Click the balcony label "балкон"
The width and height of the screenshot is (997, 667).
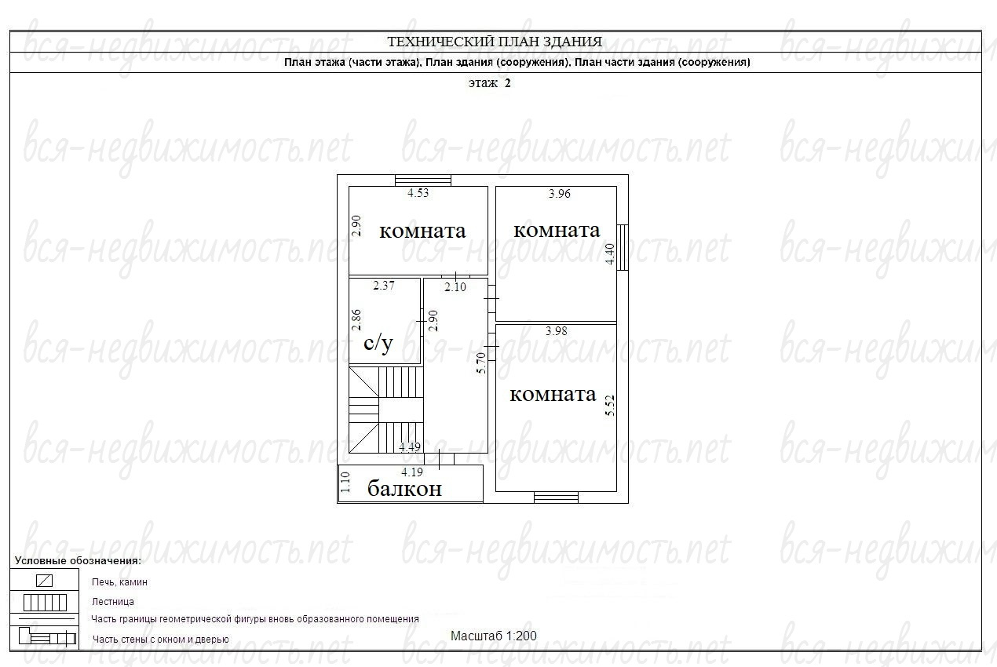point(404,489)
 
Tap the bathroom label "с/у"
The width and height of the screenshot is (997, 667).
point(378,343)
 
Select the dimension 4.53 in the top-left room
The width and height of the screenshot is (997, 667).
point(418,193)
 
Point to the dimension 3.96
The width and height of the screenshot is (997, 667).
point(560,194)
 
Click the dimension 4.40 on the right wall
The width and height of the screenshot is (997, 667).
point(610,253)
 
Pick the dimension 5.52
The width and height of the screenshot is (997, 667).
point(610,406)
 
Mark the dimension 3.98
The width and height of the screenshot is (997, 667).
point(557,331)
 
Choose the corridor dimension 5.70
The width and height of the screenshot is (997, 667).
point(481,363)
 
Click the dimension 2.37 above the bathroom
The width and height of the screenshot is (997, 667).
point(384,285)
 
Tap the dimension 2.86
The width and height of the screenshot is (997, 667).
point(356,320)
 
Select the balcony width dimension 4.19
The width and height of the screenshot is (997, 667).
point(412,472)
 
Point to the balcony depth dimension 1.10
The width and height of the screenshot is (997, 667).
point(345,482)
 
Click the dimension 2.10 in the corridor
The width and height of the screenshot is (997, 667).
point(455,287)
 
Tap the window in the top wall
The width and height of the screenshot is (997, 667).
point(423,180)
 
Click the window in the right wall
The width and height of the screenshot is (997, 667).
point(623,247)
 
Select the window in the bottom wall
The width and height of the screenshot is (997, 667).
point(556,498)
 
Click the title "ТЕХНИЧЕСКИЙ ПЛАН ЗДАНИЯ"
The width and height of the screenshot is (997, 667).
point(495,42)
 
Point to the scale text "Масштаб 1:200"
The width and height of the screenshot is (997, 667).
point(494,636)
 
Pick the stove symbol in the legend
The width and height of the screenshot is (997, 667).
point(44,581)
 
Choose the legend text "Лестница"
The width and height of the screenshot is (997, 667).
point(112,602)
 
